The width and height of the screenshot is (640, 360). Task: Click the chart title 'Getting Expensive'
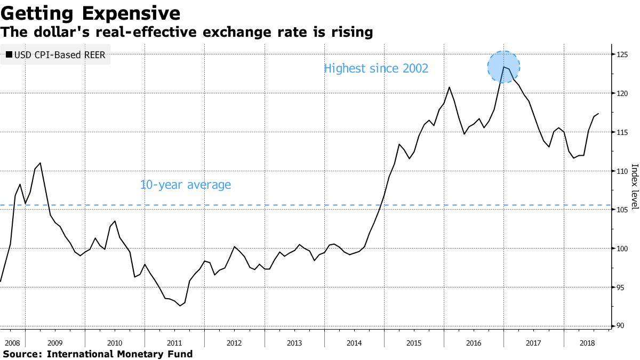tap(90, 12)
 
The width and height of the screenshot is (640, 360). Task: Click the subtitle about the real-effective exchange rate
tap(186, 32)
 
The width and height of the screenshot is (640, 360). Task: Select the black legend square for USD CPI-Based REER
tap(9, 54)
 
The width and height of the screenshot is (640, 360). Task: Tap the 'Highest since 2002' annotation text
tap(376, 68)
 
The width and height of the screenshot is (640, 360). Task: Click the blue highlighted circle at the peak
tap(503, 67)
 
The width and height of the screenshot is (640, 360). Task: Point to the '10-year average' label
tap(185, 185)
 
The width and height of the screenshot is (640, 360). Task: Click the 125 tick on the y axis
tap(623, 54)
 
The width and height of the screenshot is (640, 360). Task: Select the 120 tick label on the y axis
tap(623, 93)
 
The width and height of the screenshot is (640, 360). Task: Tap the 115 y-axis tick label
tap(623, 132)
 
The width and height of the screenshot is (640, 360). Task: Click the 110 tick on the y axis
tap(623, 171)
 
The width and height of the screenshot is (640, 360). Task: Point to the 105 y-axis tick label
tap(623, 210)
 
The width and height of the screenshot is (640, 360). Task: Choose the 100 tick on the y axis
tap(623, 249)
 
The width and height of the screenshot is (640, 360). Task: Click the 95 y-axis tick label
tap(623, 287)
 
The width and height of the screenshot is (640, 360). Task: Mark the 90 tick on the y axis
tap(623, 326)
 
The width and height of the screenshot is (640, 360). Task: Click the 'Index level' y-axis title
tap(634, 186)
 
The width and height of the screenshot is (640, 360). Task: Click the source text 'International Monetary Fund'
tap(119, 354)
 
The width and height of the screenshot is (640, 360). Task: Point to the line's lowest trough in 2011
tap(180, 306)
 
